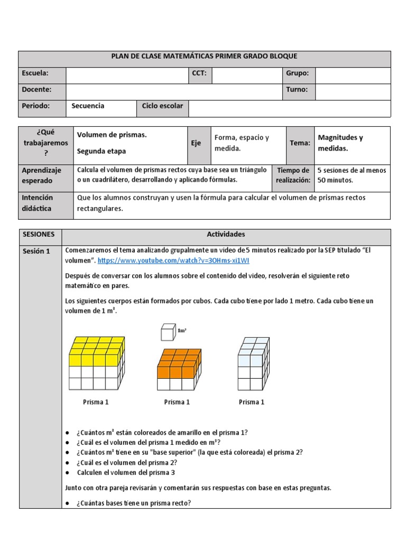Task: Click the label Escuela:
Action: tap(35, 73)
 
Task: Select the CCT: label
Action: tap(199, 73)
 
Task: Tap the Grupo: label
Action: tap(297, 73)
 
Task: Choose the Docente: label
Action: tap(36, 90)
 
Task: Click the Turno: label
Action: tap(297, 90)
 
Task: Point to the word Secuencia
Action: tap(88, 106)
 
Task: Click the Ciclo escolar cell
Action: tap(162, 106)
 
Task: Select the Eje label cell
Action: tap(196, 143)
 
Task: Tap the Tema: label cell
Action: tap(300, 143)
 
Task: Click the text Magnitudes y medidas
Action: tap(340, 143)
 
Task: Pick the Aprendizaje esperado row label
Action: tap(41, 175)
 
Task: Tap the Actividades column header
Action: tap(226, 234)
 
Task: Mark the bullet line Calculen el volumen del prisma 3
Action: tap(126, 472)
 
